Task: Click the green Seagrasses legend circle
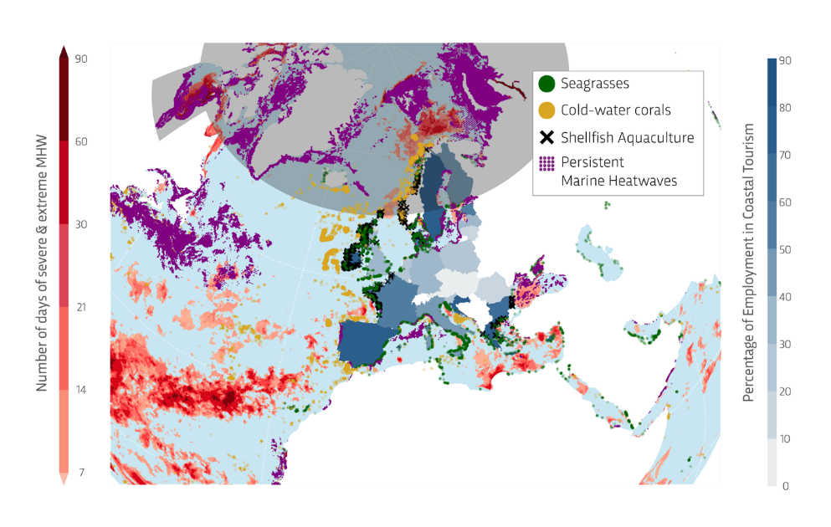546,84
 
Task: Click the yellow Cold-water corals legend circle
546,110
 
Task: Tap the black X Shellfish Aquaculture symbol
546,137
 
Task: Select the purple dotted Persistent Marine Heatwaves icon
546,162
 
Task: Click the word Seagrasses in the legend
595,84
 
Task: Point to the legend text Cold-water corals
616,110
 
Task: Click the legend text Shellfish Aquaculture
628,137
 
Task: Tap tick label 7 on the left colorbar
81,473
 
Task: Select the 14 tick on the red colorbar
81,390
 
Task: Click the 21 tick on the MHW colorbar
81,308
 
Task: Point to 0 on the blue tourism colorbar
785,485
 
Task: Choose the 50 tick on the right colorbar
785,249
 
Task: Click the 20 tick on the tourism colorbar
785,391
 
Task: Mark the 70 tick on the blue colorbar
785,155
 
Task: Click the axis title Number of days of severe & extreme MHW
41,263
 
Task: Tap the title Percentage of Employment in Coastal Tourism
748,263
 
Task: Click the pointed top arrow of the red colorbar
63,52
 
